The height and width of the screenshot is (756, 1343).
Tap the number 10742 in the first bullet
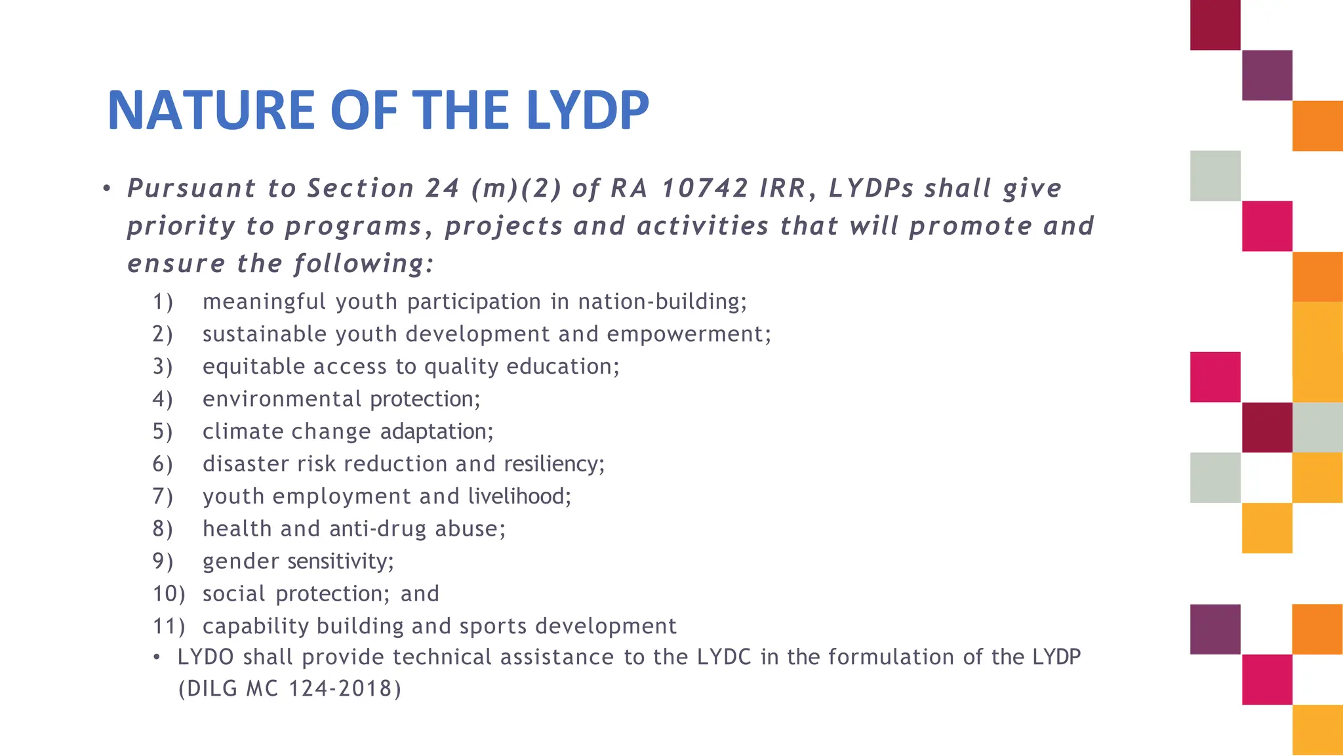click(x=704, y=189)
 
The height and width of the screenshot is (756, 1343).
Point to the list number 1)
click(x=163, y=302)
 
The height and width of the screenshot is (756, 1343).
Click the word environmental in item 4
click(x=282, y=399)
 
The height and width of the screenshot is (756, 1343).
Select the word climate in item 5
click(x=243, y=431)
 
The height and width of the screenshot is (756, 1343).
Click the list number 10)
click(x=169, y=594)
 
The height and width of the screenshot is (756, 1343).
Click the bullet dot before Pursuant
click(x=106, y=189)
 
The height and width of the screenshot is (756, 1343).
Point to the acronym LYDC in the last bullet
click(x=723, y=657)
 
